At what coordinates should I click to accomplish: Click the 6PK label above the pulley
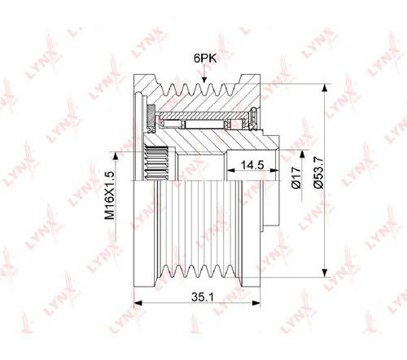[205, 58]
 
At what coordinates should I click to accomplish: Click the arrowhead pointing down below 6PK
[204, 79]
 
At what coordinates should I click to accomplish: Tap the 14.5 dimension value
[252, 165]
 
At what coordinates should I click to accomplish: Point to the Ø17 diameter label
[296, 178]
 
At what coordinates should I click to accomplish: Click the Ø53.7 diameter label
[318, 173]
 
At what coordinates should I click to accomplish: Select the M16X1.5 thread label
[110, 195]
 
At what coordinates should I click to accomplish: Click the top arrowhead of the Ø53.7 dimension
[324, 88]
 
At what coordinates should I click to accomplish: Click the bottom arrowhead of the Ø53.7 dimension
[324, 273]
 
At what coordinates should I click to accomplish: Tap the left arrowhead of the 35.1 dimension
[138, 303]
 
